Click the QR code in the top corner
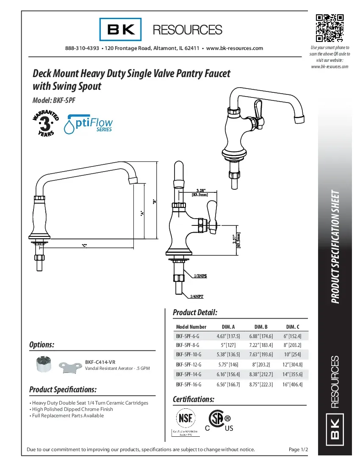point(330,28)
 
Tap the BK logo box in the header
point(121,30)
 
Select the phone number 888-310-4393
point(82,48)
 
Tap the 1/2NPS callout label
point(200,276)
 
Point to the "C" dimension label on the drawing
point(84,246)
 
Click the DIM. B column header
point(261,327)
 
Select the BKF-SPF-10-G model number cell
point(188,354)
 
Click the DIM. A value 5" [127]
point(228,345)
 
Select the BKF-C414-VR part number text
point(100,362)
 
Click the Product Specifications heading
point(63,389)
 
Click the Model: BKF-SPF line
point(54,101)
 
